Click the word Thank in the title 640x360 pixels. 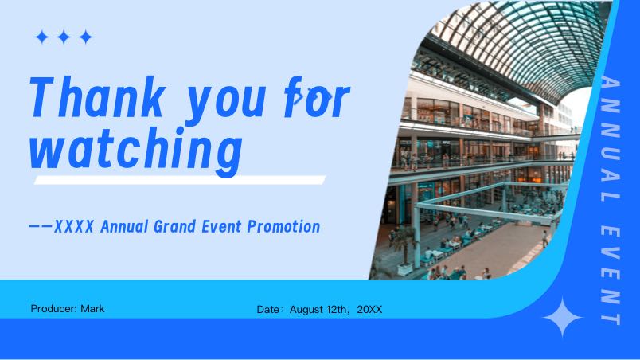coord(97,97)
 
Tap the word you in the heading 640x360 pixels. coord(226,102)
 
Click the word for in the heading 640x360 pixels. coord(317,97)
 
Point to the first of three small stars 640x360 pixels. coord(41,37)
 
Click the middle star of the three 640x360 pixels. coord(64,37)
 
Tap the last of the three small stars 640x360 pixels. coord(86,37)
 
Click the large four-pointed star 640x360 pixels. coord(563,317)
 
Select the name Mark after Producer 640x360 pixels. coord(92,308)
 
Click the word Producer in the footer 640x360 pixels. coord(53,308)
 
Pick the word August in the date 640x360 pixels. coord(307,309)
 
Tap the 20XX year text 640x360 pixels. coord(370,309)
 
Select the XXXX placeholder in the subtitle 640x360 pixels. coord(74,226)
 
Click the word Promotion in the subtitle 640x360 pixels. coord(283,226)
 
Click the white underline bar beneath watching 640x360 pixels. coord(180,180)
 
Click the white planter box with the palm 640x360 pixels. coord(405,269)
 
